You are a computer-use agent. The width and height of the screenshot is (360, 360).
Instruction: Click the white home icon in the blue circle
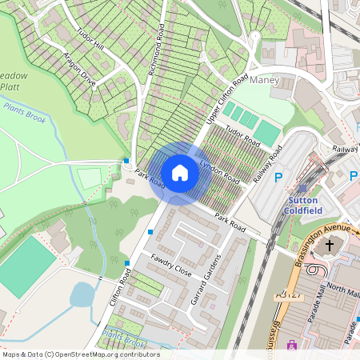point(180,172)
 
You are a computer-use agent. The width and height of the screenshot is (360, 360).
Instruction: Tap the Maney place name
point(265,81)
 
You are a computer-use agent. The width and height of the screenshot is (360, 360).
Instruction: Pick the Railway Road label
point(267,165)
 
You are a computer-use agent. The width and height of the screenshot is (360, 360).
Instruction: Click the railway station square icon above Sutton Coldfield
point(302,188)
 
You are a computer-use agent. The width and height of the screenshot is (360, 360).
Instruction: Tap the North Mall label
point(344,293)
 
